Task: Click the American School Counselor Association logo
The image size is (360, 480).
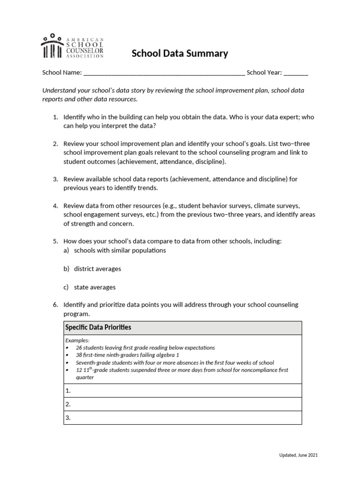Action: pos(73,46)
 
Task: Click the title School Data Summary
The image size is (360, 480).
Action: pos(180,53)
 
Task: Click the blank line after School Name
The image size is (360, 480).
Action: pos(164,73)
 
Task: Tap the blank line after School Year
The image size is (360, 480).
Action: pos(296,73)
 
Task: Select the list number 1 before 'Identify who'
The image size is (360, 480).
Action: pos(54,117)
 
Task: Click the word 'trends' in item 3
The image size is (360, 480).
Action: pos(147,188)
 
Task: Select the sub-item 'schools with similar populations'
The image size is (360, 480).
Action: pos(120,250)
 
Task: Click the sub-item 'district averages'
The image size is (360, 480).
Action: pos(97,269)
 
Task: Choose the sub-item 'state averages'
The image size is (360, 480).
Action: pos(95,287)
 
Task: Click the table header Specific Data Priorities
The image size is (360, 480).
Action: pos(98,327)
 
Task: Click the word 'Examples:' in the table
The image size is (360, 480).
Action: pos(77,340)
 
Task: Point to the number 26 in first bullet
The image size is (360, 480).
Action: pos(79,348)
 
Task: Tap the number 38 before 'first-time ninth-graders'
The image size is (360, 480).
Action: pos(79,355)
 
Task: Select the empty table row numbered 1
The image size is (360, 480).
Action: pos(182,390)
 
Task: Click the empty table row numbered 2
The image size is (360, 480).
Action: pos(182,404)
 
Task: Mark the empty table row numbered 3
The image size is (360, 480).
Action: pos(182,418)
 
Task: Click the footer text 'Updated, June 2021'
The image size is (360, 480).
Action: pos(299,455)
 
